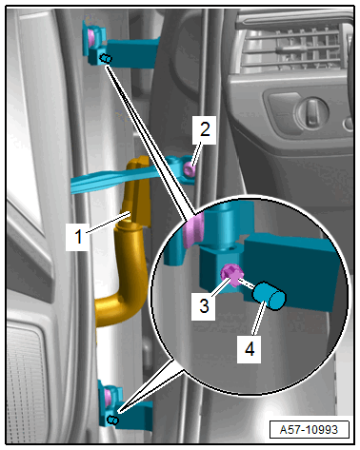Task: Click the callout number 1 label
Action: (x=78, y=236)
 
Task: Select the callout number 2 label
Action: (x=205, y=129)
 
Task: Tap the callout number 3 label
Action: (x=204, y=305)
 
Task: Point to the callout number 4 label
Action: (x=250, y=349)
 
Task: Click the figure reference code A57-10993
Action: (x=309, y=430)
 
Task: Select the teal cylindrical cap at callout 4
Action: (x=270, y=295)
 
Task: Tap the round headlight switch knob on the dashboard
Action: (x=311, y=112)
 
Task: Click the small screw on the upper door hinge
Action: (x=106, y=59)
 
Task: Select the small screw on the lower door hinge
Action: (x=113, y=421)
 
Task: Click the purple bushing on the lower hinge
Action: (x=108, y=397)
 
